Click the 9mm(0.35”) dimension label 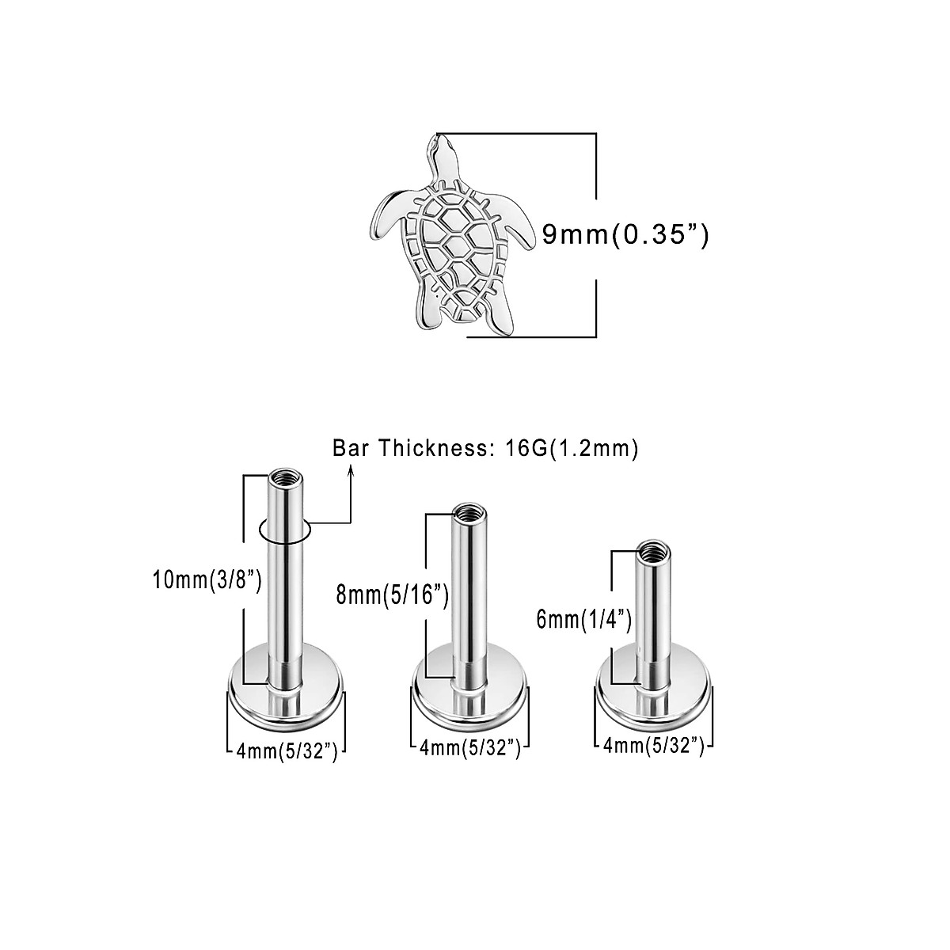625,234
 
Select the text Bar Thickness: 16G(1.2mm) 485,450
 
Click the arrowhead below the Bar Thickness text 351,473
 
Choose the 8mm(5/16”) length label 393,594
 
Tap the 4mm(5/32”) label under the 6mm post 653,744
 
